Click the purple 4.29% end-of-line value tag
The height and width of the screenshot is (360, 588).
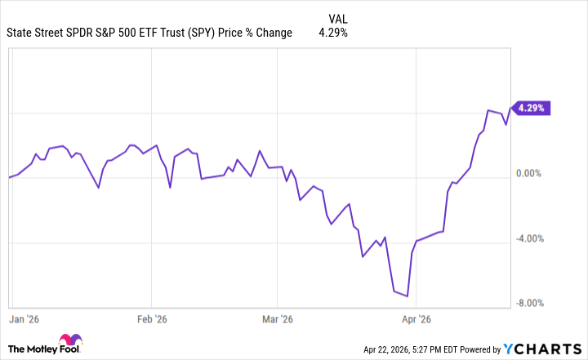[532, 108]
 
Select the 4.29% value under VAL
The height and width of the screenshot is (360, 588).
[332, 33]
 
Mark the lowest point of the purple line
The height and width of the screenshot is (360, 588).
[407, 296]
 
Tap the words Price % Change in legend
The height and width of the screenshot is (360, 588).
[263, 33]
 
